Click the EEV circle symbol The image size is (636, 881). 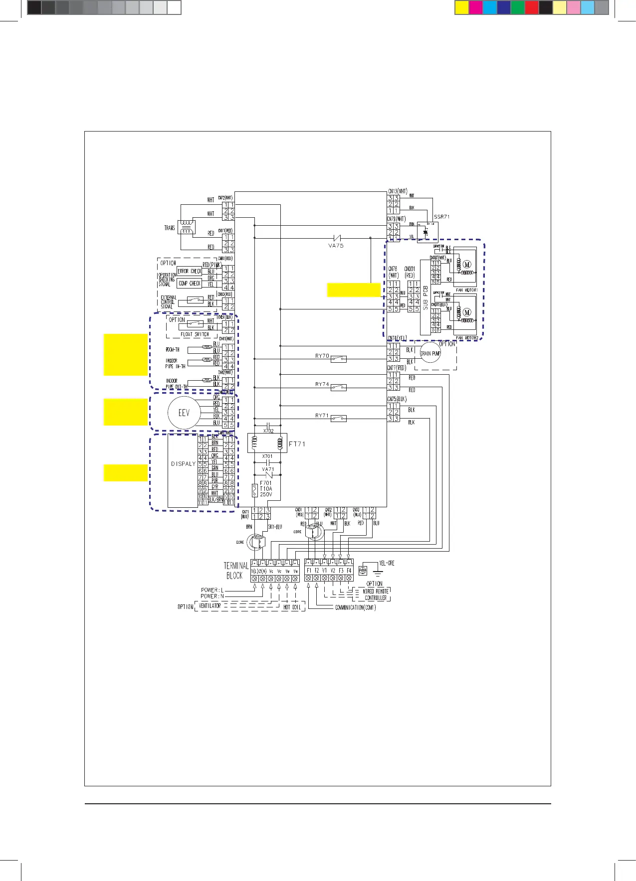(x=184, y=413)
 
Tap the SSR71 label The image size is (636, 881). (x=441, y=217)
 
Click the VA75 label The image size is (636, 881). (x=336, y=246)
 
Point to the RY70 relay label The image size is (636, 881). (x=322, y=356)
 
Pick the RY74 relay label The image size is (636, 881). (x=322, y=384)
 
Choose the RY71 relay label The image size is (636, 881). (x=322, y=415)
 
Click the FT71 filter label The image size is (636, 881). (x=297, y=444)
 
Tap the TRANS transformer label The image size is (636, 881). (x=170, y=228)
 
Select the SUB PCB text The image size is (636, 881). (x=425, y=297)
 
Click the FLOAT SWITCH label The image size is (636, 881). (x=195, y=334)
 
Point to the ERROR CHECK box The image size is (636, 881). (x=190, y=272)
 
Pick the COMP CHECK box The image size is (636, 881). (x=190, y=284)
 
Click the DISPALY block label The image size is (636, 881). (x=183, y=464)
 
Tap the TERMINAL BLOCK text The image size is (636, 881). (x=235, y=571)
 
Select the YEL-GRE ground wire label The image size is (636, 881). (x=387, y=563)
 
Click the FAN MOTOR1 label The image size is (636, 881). (x=466, y=290)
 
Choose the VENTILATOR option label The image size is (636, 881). (x=210, y=606)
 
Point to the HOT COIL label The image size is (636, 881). (x=292, y=607)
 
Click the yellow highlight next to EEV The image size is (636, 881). (x=126, y=412)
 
